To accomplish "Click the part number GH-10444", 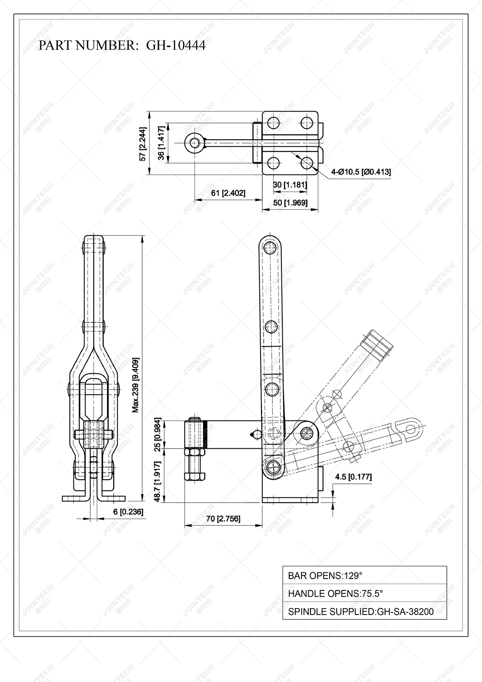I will pyautogui.click(x=176, y=45).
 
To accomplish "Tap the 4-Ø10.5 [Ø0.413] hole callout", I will pyautogui.click(x=361, y=172).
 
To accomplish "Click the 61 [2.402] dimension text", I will pyautogui.click(x=228, y=193).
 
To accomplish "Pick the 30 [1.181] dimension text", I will pyautogui.click(x=290, y=185).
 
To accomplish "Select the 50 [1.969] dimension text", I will pyautogui.click(x=290, y=203).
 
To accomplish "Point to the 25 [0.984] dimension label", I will pyautogui.click(x=158, y=435).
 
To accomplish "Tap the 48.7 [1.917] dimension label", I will pyautogui.click(x=158, y=481).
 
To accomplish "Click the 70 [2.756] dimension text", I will pyautogui.click(x=223, y=519).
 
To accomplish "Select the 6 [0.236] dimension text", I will pyautogui.click(x=128, y=512).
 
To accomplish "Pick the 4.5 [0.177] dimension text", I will pyautogui.click(x=353, y=476).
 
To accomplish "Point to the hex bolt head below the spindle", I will pyautogui.click(x=195, y=476).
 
